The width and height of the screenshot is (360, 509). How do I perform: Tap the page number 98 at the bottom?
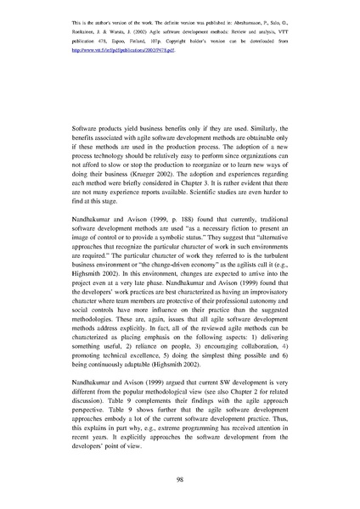tap(180, 481)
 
